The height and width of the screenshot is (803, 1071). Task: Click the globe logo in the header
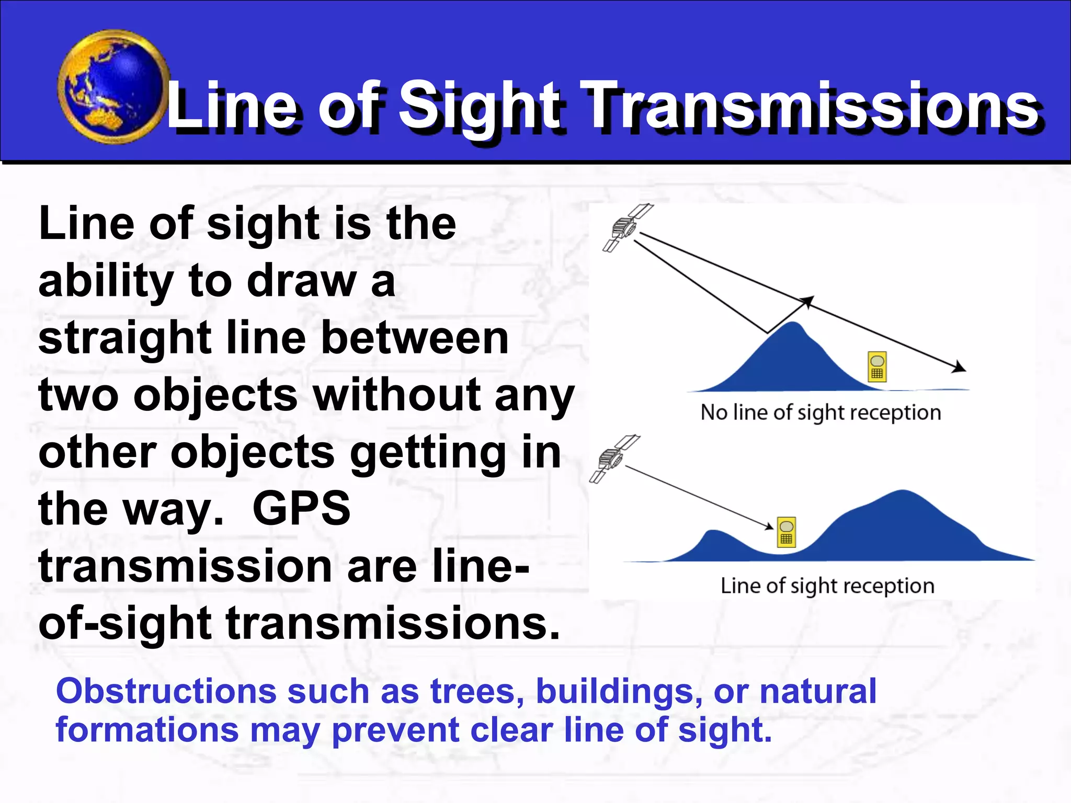[112, 87]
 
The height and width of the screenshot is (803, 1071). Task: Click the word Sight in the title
[478, 106]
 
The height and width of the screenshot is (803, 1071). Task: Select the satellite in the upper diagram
[627, 227]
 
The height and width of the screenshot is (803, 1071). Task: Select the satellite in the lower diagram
[613, 458]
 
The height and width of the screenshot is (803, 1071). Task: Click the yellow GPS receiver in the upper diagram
[878, 367]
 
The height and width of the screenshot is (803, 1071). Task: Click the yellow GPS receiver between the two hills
[787, 533]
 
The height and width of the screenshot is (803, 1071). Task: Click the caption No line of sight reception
[821, 412]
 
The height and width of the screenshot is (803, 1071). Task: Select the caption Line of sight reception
[827, 586]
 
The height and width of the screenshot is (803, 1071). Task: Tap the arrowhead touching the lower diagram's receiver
[769, 526]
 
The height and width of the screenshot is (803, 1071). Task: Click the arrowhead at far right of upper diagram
[959, 368]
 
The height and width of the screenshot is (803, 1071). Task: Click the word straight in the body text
[124, 338]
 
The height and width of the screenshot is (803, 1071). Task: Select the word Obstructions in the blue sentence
[166, 691]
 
